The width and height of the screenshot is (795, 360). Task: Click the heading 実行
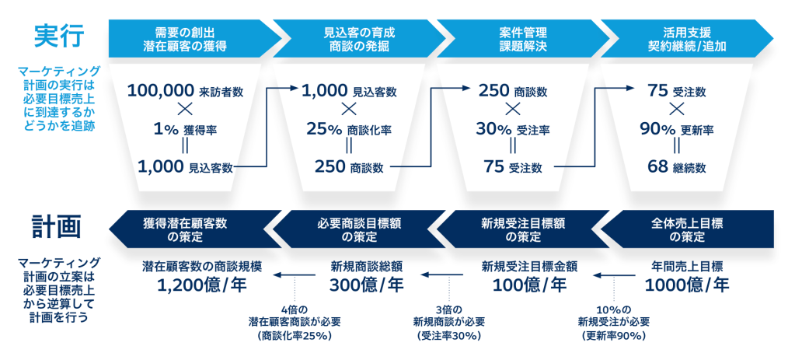coord(58,36)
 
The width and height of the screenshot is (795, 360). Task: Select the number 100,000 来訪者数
coord(185,91)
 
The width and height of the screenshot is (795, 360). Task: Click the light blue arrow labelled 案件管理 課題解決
coord(522,39)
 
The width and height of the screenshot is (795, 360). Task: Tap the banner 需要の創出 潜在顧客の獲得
coord(190,39)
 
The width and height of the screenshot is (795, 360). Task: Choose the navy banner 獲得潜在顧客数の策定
coord(190,227)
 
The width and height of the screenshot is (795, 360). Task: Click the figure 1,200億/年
coord(201,285)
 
